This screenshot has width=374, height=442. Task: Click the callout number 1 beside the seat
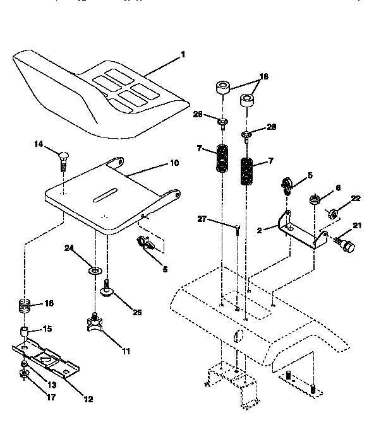(183, 55)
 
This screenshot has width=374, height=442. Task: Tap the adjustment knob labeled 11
(95, 324)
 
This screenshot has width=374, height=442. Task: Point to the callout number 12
(88, 398)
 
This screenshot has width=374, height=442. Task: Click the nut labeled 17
(25, 375)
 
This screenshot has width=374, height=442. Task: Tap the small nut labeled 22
(331, 212)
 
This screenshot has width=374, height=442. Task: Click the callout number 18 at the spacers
(263, 76)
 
